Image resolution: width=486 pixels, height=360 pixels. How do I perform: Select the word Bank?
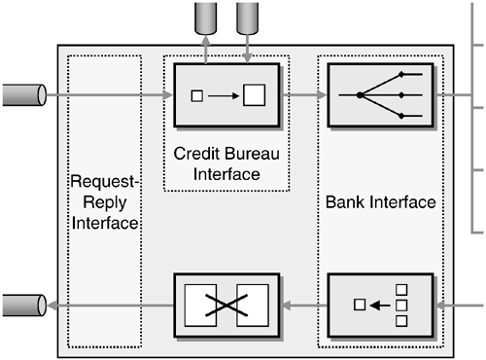click(346, 203)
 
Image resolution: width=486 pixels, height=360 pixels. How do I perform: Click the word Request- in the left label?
click(105, 182)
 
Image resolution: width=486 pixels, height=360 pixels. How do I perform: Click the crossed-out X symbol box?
click(226, 306)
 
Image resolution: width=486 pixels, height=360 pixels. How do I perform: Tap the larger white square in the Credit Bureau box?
click(254, 95)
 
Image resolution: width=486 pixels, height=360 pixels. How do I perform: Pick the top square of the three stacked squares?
click(399, 291)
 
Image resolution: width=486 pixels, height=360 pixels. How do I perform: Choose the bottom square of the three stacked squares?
click(399, 320)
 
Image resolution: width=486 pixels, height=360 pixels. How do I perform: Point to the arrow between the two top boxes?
click(303, 95)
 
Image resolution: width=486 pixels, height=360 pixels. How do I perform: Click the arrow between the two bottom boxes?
click(304, 306)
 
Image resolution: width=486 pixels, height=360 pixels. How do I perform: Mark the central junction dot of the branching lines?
click(360, 95)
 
